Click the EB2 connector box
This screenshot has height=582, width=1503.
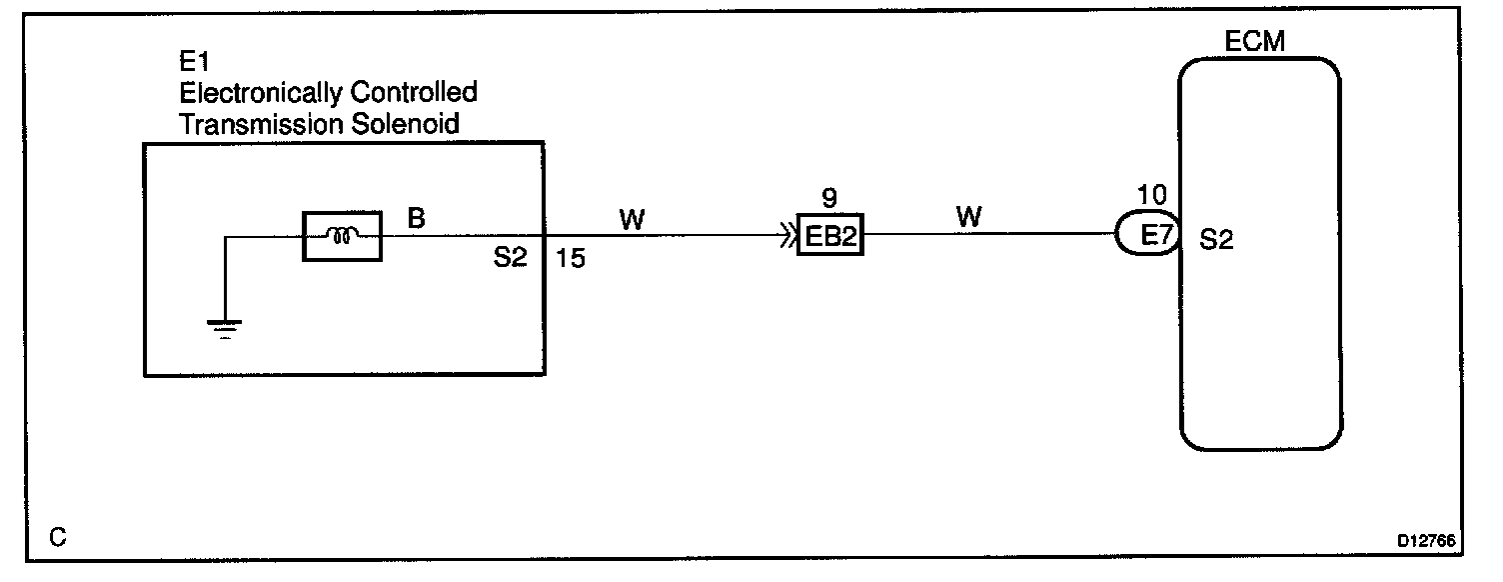click(x=829, y=237)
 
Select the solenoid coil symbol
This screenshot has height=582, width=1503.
click(x=341, y=237)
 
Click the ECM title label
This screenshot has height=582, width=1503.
click(x=1254, y=42)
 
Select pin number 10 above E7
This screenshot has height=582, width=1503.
click(x=1152, y=196)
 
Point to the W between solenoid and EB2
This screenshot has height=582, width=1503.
click(x=632, y=219)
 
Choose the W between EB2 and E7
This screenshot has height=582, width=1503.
click(x=969, y=216)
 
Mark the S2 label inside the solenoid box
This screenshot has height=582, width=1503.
click(x=510, y=260)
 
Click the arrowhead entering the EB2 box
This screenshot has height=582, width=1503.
click(x=788, y=237)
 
